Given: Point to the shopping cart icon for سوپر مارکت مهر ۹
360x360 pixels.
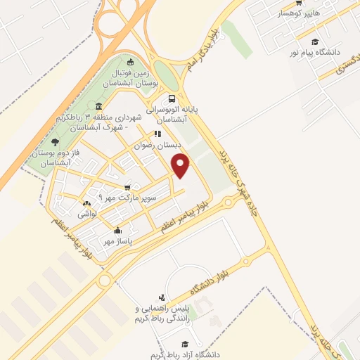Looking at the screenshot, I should (x=127, y=187).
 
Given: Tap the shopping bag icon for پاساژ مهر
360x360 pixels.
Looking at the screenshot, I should (x=117, y=230).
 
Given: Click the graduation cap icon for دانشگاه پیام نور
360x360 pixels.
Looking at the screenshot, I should (x=315, y=42).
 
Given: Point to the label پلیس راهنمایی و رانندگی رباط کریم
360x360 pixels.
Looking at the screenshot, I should (x=165, y=314).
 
